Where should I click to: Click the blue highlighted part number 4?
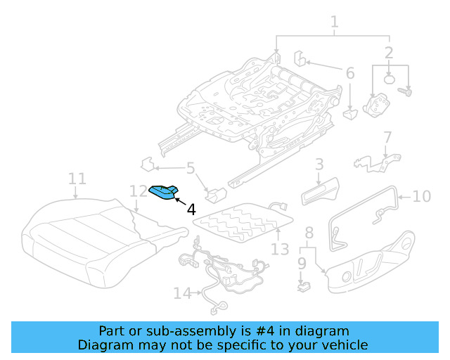[x=163, y=192]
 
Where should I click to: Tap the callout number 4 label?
[x=191, y=209]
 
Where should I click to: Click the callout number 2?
[x=389, y=53]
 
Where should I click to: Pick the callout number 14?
[x=182, y=293]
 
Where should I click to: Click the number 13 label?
[x=279, y=249]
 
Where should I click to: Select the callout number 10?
[x=421, y=196]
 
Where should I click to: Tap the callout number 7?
[x=387, y=137]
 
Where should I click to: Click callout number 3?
[x=319, y=165]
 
